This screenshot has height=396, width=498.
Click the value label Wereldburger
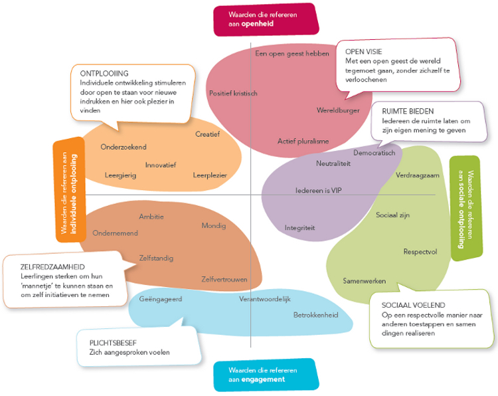point(339,110)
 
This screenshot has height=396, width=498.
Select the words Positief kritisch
point(232,93)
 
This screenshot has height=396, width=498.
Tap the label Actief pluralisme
point(303,141)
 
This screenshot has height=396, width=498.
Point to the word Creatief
point(207,134)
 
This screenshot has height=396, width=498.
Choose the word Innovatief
point(161,165)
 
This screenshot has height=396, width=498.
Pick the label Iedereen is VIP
point(319,190)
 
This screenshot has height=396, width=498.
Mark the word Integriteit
point(299,228)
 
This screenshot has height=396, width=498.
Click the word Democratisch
point(374,153)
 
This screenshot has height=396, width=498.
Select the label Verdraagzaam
point(418,175)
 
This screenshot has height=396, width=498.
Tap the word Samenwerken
point(365,281)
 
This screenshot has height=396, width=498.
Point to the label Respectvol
point(420,252)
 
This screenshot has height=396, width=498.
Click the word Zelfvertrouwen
point(224,279)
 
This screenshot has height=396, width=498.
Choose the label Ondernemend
point(116,233)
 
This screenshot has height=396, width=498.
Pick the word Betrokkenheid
point(316,314)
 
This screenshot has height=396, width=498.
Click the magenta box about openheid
point(265,19)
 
